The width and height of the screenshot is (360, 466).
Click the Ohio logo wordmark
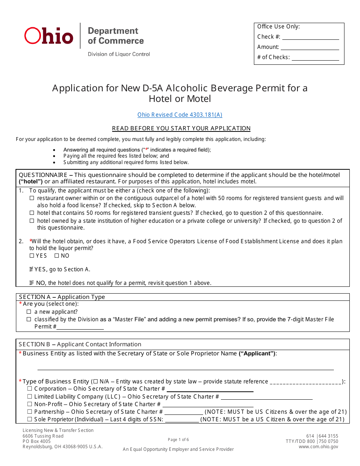pyautogui.click(x=49, y=36)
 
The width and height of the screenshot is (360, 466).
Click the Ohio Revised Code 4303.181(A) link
pyautogui.click(x=180, y=115)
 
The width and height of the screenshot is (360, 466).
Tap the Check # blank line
pyautogui.click(x=310, y=37)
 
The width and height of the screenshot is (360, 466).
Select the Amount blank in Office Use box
pyautogui.click(x=310, y=47)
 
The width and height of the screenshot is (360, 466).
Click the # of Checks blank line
pyautogui.click(x=315, y=58)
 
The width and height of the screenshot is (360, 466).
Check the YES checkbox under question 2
pyautogui.click(x=32, y=256)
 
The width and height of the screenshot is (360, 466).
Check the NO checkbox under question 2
pyautogui.click(x=57, y=256)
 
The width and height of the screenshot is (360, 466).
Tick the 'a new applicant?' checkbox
pyautogui.click(x=29, y=312)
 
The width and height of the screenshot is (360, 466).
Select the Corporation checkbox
pyautogui.click(x=30, y=389)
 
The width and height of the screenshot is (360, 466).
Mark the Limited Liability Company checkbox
pyautogui.click(x=30, y=397)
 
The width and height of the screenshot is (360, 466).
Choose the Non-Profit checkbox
pyautogui.click(x=30, y=404)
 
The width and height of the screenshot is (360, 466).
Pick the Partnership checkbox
pyautogui.click(x=30, y=412)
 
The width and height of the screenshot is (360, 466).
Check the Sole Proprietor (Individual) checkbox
pyautogui.click(x=30, y=419)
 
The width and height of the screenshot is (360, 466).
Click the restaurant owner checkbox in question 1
pyautogui.click(x=32, y=198)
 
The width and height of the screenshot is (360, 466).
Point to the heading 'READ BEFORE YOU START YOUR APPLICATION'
pyautogui.click(x=181, y=128)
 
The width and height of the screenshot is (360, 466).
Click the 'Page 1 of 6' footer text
pyautogui.click(x=178, y=440)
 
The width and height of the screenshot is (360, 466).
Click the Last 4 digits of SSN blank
pyautogui.click(x=182, y=419)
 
